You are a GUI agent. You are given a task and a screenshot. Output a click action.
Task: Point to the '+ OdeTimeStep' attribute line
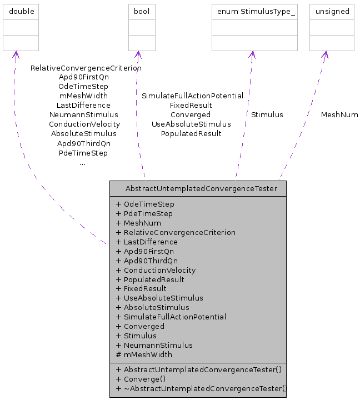[x=145, y=204]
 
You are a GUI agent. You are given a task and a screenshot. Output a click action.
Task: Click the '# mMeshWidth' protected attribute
[x=144, y=354]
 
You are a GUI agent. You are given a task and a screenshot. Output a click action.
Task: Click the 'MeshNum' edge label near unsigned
[x=339, y=114]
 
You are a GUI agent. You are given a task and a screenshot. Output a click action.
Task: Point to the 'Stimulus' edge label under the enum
[x=267, y=114]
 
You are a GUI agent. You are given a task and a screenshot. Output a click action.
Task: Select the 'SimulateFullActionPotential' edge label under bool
[x=192, y=96]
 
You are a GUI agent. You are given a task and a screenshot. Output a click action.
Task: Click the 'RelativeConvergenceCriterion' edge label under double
[x=86, y=68]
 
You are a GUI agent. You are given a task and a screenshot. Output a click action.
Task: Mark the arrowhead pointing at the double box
[x=16, y=54]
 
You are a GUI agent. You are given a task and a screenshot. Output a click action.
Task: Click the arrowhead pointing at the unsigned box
[x=326, y=54]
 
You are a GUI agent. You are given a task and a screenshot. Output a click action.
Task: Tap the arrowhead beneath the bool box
[x=137, y=54]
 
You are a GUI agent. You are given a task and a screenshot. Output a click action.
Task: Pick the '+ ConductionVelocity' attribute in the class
[x=156, y=270]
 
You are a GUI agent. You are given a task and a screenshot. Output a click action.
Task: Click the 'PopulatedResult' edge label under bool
[x=191, y=133]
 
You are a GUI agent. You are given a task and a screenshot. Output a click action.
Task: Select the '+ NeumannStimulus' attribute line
[x=154, y=345]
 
